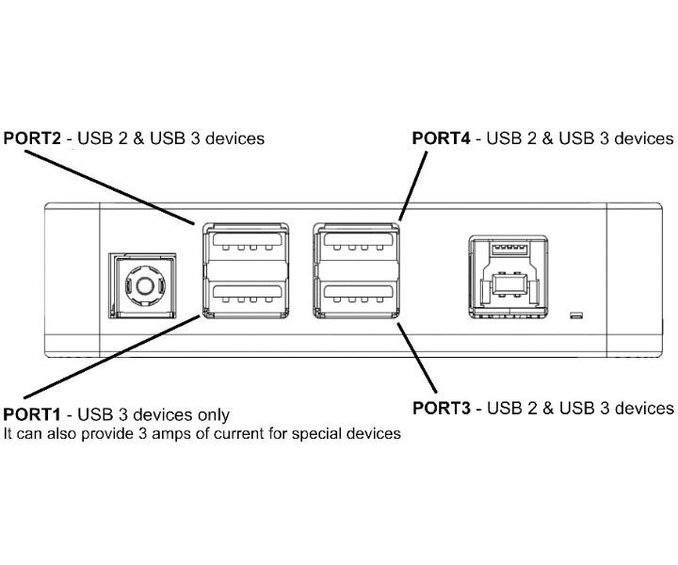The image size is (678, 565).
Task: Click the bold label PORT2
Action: point(33,138)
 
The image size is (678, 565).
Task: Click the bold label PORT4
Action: point(442,138)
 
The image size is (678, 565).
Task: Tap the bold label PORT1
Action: point(33,414)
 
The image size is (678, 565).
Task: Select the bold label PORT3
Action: point(442,408)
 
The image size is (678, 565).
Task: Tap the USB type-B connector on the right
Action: point(507,282)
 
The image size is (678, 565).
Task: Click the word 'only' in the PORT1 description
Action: point(213,414)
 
